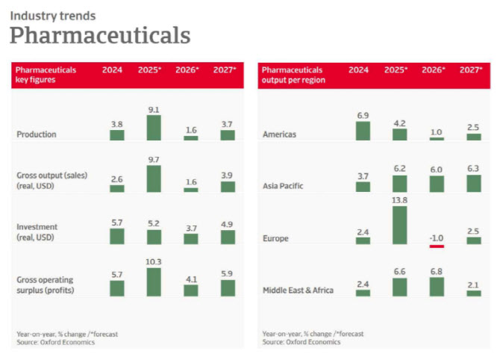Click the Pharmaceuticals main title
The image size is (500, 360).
point(99,35)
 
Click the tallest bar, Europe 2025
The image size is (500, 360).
point(399,225)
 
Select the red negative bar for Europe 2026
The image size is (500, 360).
point(437,246)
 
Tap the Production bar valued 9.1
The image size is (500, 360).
point(154,128)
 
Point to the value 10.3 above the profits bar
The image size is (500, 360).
point(154,261)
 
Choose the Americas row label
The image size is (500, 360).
point(279,135)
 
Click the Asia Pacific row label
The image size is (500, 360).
point(284,186)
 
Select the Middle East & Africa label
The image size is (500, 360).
point(298,290)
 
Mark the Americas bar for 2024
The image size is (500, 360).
point(363,131)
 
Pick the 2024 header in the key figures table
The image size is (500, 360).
point(113,70)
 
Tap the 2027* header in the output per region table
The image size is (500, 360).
point(472,70)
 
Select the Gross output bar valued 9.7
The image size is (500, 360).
point(154,179)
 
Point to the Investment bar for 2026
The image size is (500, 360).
point(191,239)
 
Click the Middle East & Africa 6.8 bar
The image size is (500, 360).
point(437,287)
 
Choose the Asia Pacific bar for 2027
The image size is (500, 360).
point(474,184)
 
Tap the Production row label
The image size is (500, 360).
point(37,135)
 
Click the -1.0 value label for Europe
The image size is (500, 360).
point(437,237)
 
